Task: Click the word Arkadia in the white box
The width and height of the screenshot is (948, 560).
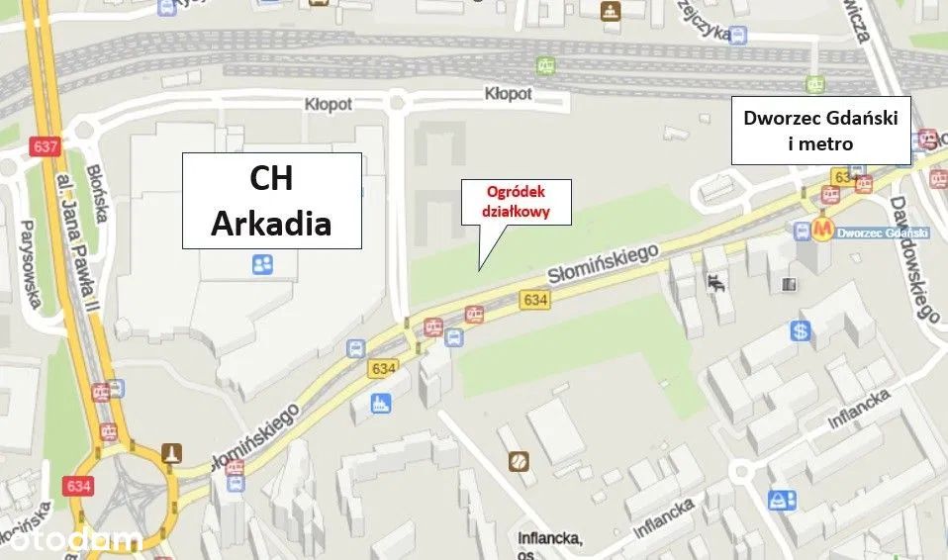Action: pyautogui.click(x=271, y=224)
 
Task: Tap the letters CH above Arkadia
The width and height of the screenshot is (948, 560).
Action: pyautogui.click(x=270, y=181)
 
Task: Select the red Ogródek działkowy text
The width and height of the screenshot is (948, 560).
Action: pyautogui.click(x=515, y=201)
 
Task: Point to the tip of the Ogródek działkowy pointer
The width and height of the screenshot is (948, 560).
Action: pyautogui.click(x=480, y=269)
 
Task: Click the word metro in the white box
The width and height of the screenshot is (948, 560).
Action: pyautogui.click(x=820, y=144)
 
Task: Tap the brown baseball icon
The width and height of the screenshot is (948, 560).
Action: pyautogui.click(x=518, y=460)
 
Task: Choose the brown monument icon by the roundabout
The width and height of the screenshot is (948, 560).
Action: pyautogui.click(x=172, y=452)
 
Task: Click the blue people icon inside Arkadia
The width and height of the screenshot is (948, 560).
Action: pyautogui.click(x=262, y=264)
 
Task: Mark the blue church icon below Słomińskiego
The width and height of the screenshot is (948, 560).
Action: pyautogui.click(x=379, y=403)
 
